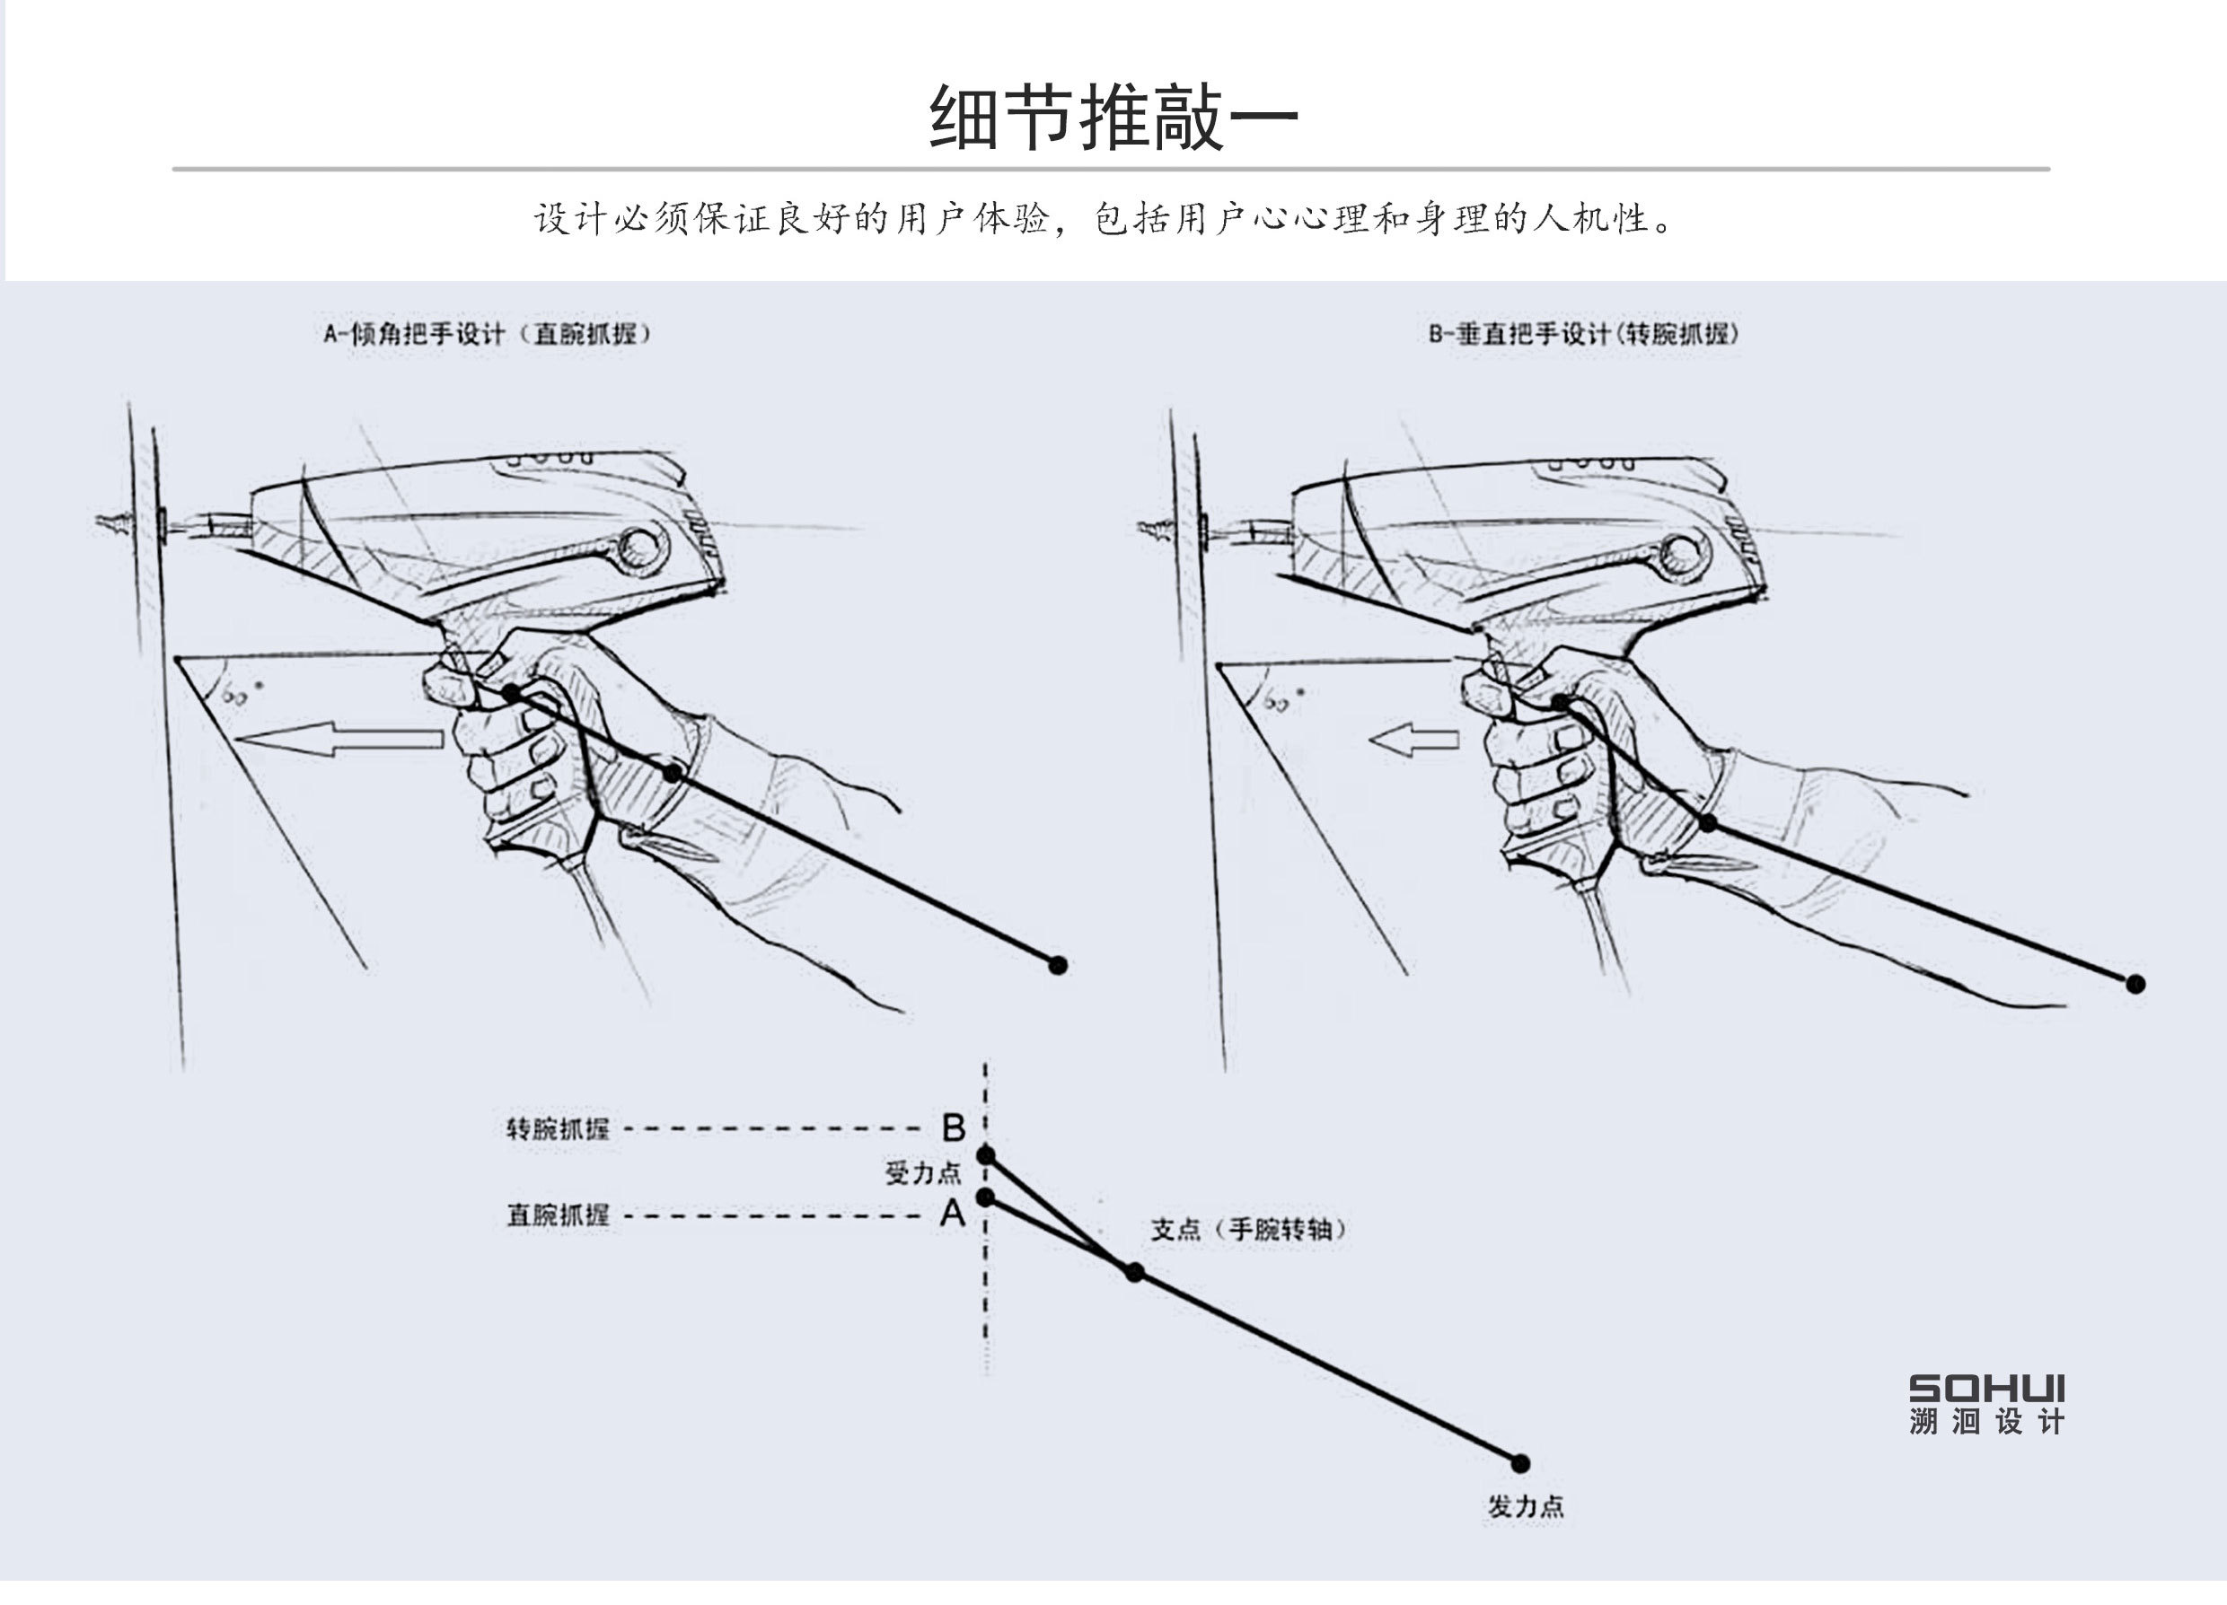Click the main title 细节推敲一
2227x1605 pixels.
coord(1113,118)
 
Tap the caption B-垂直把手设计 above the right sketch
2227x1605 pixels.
coord(1583,334)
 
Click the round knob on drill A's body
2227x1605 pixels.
coord(642,547)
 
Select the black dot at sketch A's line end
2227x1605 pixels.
coord(1058,965)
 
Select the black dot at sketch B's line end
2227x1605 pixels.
coord(2135,984)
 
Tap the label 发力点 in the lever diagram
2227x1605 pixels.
coord(1524,1507)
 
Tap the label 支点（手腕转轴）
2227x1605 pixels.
coord(1248,1229)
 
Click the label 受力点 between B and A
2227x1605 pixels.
coord(922,1172)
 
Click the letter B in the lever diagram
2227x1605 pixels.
coord(953,1128)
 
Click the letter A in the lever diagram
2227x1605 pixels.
coord(953,1215)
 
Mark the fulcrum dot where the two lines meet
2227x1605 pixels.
coord(1134,1272)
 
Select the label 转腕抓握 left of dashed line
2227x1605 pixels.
coord(557,1129)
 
